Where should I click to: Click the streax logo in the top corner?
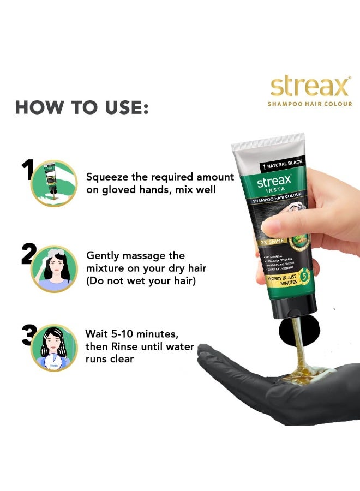[309, 87]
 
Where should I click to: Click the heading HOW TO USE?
[82, 107]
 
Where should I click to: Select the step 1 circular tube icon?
[53, 183]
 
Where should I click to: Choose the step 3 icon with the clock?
[54, 348]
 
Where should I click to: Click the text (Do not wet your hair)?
[141, 280]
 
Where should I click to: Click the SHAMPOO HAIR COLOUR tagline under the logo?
[309, 104]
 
